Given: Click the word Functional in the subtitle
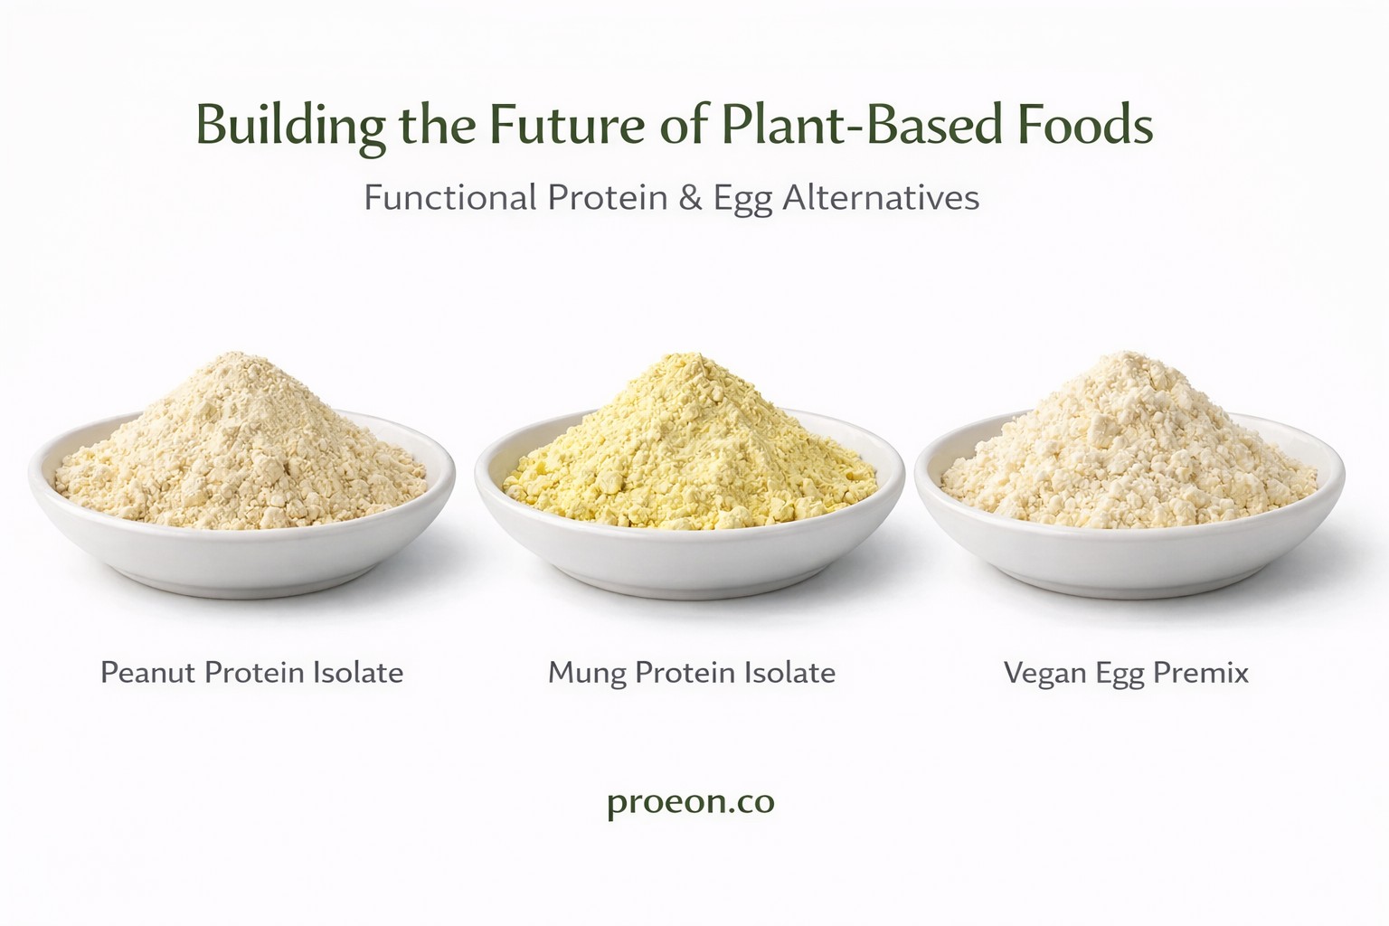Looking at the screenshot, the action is (450, 198).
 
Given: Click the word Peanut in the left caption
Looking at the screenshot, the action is (148, 672).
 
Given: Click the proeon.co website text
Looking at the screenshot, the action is (691, 803).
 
